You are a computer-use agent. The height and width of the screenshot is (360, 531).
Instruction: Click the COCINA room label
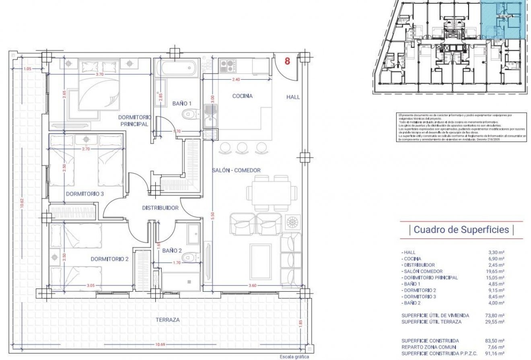pyautogui.click(x=242, y=96)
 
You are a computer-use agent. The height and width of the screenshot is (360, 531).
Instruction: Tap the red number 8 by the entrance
pyautogui.click(x=287, y=62)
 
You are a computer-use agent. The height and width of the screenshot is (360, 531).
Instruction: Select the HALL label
pyautogui.click(x=293, y=97)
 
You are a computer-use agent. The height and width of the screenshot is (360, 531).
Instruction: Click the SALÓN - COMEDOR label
pyautogui.click(x=236, y=170)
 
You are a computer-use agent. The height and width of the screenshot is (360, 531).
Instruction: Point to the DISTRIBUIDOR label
pyautogui.click(x=160, y=208)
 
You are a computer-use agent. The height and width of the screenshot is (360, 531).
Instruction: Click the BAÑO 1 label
pyautogui.click(x=182, y=103)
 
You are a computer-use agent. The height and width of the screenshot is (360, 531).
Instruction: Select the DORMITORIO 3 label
pyautogui.click(x=85, y=193)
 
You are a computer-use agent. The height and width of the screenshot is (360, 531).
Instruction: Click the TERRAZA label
pyautogui.click(x=167, y=320)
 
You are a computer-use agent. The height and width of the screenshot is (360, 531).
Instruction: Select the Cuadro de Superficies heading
pyautogui.click(x=461, y=230)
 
